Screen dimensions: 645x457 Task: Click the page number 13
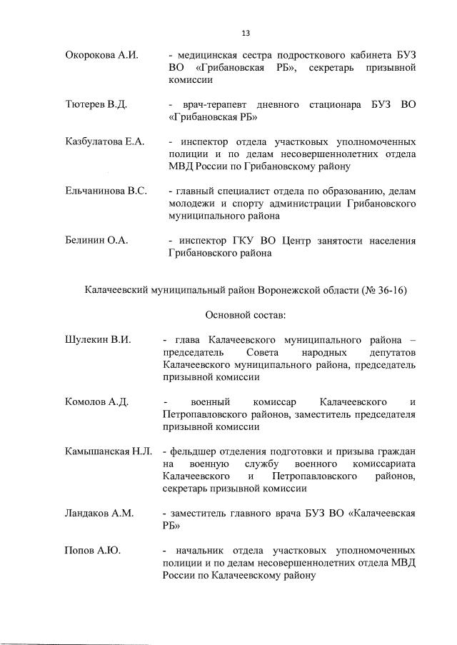246,33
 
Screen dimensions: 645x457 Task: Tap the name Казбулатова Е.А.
104,141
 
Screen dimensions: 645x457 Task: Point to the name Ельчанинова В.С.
105,191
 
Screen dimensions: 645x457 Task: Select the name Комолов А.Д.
96,402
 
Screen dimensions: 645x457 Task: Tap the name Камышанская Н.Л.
108,451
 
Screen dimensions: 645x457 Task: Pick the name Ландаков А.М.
99,514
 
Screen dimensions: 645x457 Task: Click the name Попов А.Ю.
89,551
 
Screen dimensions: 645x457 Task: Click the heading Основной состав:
246,314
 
